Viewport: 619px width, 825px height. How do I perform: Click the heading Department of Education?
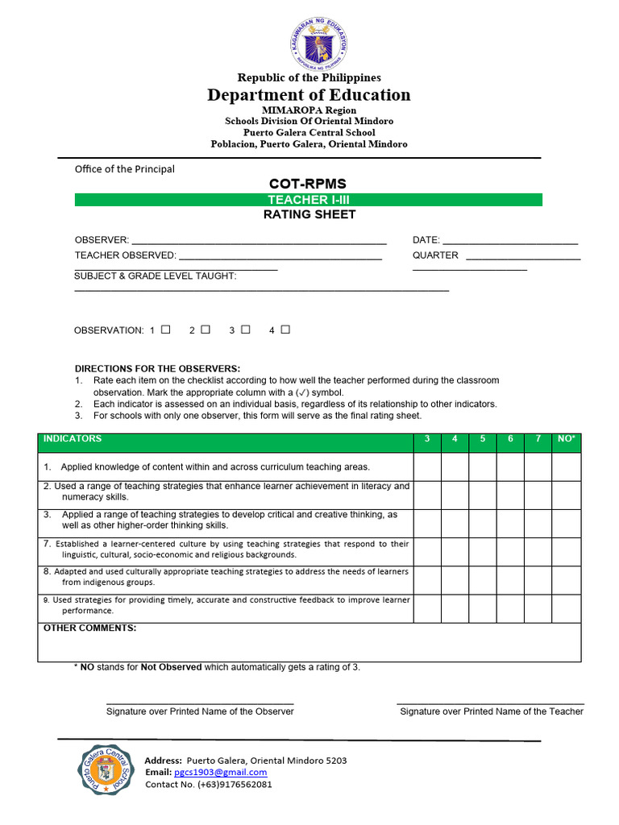(x=309, y=95)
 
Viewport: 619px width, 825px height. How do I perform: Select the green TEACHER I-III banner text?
(x=309, y=200)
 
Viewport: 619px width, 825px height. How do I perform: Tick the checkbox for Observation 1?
(x=166, y=330)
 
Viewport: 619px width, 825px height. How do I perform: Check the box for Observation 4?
(x=285, y=330)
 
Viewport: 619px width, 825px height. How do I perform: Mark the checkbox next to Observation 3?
(x=245, y=330)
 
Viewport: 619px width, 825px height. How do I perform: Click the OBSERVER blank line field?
(x=258, y=240)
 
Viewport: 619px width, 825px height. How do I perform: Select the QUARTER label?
(x=435, y=255)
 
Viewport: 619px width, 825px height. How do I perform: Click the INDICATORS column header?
(x=73, y=439)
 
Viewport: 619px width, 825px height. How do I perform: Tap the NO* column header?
(x=567, y=439)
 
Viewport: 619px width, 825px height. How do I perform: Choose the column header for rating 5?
(x=483, y=439)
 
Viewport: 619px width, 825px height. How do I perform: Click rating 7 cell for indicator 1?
(x=538, y=467)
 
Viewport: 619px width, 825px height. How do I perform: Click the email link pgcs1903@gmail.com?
(x=220, y=772)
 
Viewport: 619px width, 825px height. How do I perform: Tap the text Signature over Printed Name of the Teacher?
(x=492, y=711)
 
